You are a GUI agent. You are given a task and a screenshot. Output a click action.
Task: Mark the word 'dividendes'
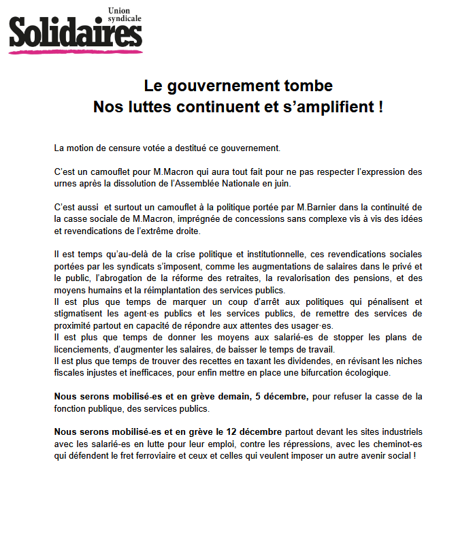(x=278, y=361)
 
